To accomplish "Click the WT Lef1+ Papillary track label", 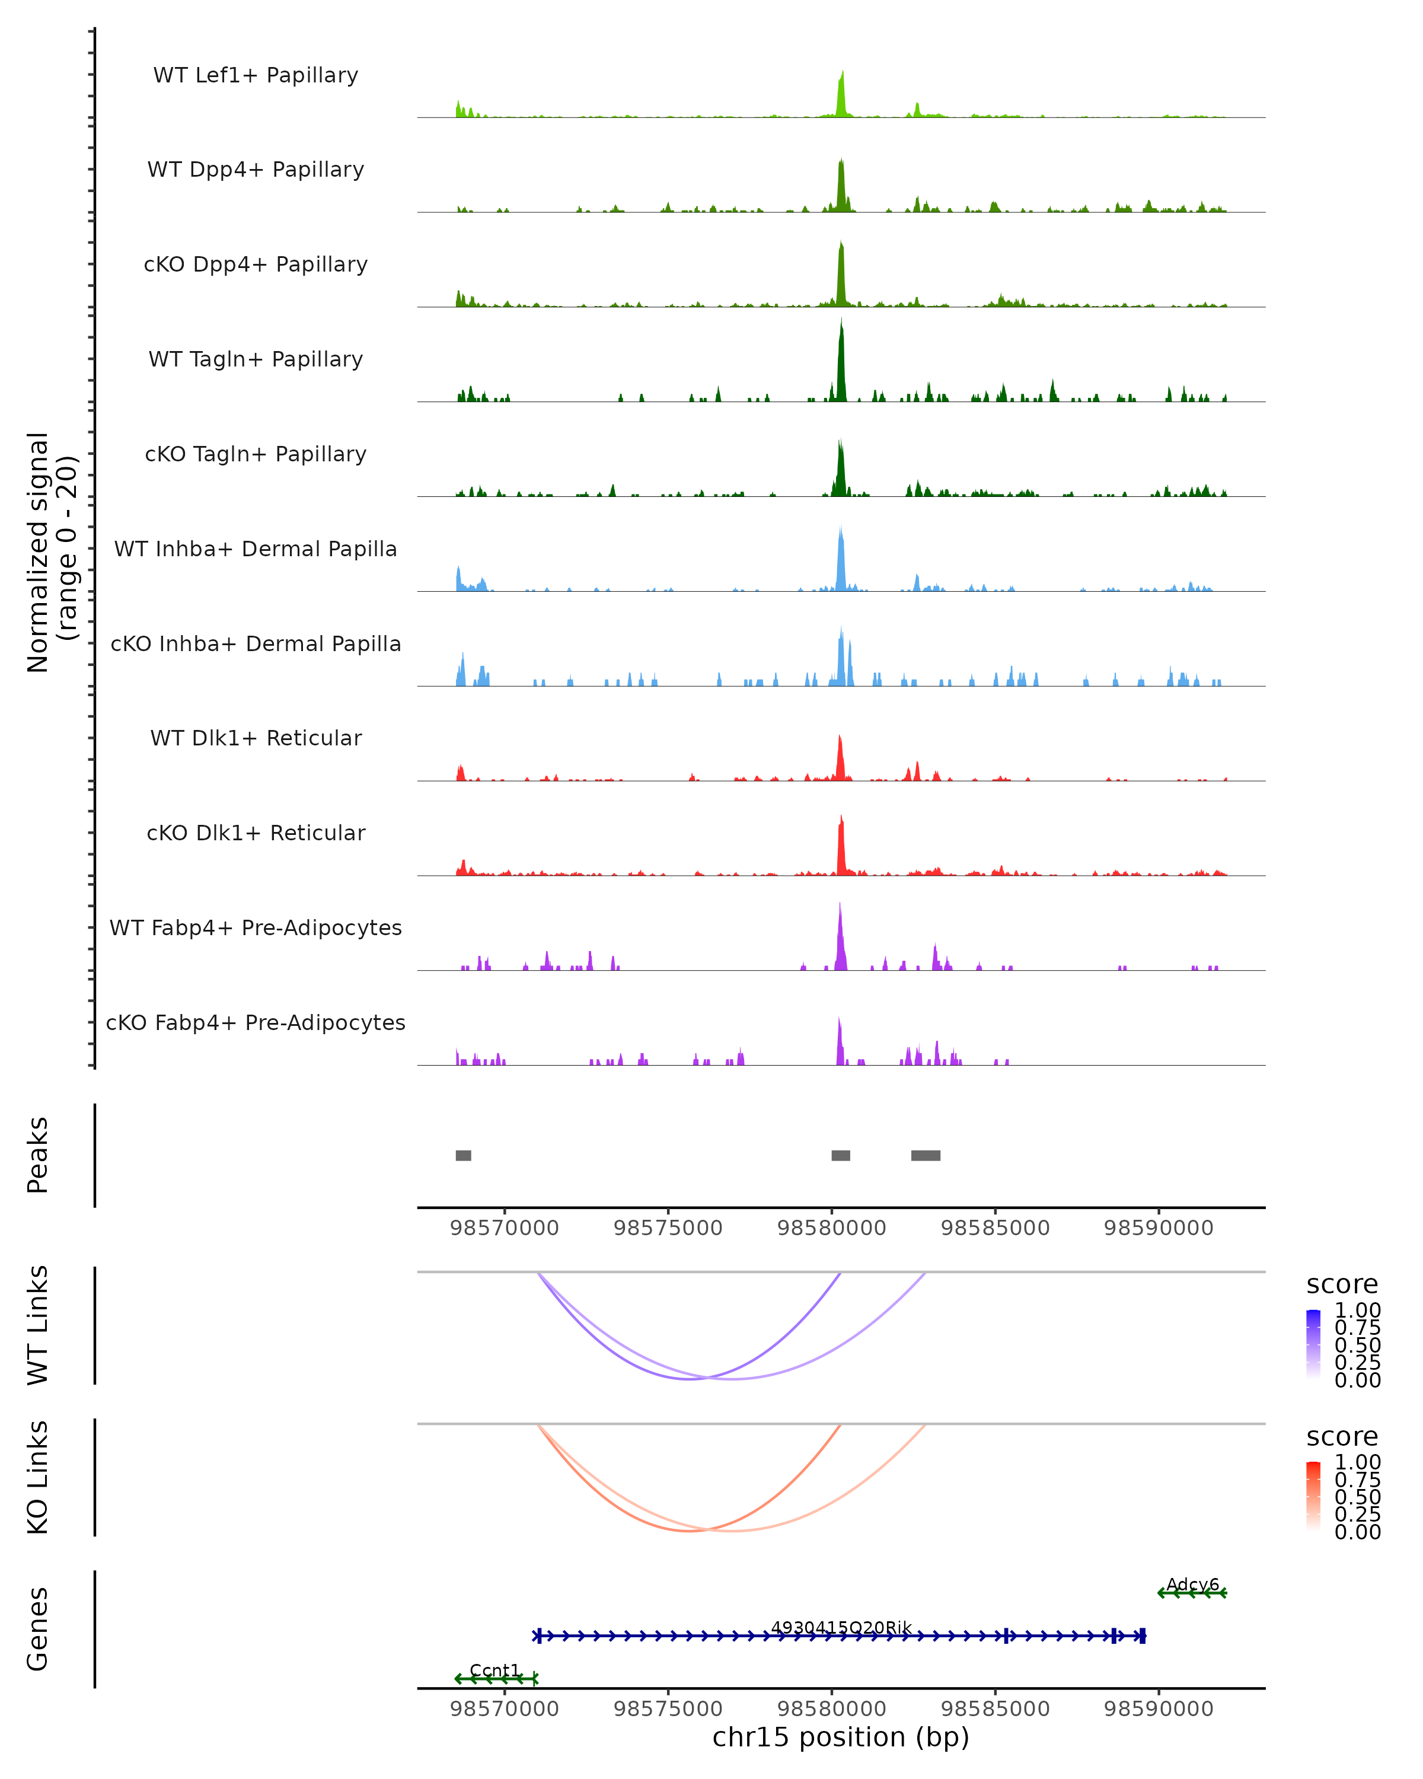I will tap(256, 75).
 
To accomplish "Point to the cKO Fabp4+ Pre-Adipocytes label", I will tap(256, 1022).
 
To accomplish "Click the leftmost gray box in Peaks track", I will tap(464, 1155).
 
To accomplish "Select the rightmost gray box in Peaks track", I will tap(926, 1155).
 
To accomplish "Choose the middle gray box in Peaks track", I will tap(841, 1155).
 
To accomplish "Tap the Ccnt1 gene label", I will tap(495, 1670).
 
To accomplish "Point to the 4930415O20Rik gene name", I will tap(841, 1627).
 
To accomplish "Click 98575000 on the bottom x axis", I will tap(668, 1709).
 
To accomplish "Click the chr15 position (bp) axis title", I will tap(841, 1737).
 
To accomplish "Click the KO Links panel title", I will tap(38, 1478).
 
